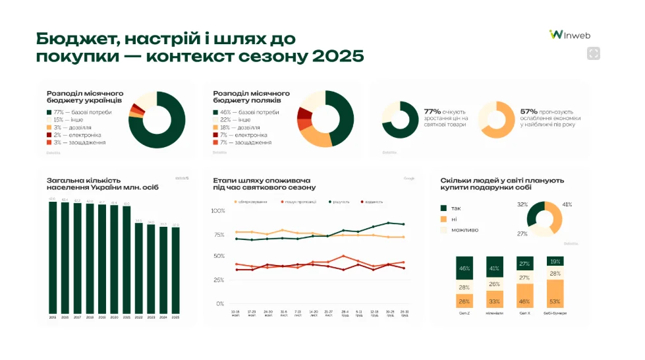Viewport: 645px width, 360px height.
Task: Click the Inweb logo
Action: click(x=572, y=34)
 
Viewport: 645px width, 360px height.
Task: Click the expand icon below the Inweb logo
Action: click(x=593, y=54)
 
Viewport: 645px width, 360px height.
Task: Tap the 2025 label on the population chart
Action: click(x=175, y=317)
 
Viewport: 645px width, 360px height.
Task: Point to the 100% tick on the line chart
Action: click(x=217, y=211)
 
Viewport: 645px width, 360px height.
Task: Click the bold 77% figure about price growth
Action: click(x=432, y=111)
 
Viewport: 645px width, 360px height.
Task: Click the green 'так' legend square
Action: click(x=444, y=208)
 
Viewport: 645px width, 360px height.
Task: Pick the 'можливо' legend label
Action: click(x=464, y=229)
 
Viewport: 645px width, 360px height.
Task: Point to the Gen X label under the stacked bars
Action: click(x=524, y=313)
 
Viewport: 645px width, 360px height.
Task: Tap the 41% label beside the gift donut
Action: click(x=567, y=204)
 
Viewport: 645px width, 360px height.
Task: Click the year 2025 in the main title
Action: click(x=338, y=56)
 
